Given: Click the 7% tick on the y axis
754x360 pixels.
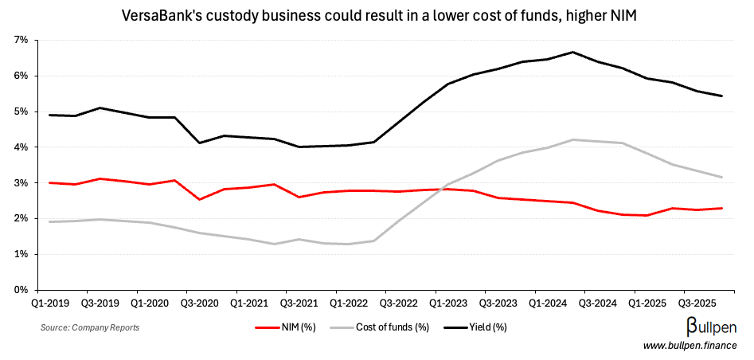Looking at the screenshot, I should [x=21, y=40].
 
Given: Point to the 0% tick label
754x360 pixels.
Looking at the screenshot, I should [x=21, y=290].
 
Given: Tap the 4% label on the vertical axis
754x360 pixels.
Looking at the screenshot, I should [x=21, y=147].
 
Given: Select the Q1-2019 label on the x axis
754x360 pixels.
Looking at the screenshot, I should [x=49, y=303].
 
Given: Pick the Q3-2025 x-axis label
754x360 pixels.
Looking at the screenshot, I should [x=697, y=303].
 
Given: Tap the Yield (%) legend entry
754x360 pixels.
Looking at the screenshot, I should [x=475, y=327].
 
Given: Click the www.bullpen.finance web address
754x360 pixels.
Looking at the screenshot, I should [x=690, y=344].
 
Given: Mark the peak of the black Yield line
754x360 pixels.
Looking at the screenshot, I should [x=573, y=52].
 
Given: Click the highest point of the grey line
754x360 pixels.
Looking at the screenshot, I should [x=573, y=139].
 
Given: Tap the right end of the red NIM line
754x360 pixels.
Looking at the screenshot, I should [x=722, y=209].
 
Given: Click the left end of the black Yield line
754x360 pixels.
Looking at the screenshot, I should [x=49, y=115].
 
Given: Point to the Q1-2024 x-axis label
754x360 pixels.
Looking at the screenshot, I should [x=548, y=303].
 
